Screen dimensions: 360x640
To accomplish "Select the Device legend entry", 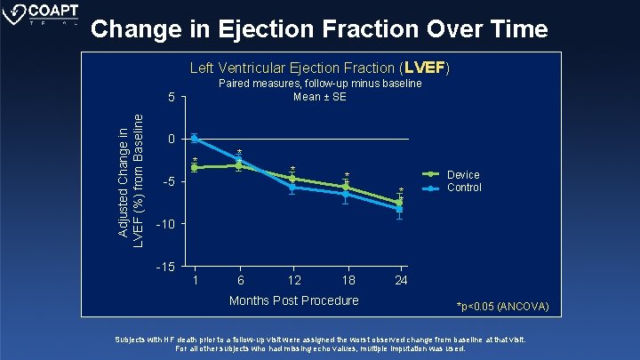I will coord(463,175).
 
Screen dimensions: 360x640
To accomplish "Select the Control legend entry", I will coord(464,188).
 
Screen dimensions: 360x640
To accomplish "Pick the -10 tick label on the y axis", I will coord(166,224).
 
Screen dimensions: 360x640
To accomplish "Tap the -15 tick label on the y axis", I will coord(166,267).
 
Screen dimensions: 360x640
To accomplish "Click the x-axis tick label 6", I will coord(239,280).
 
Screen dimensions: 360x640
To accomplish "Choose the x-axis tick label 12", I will coord(293,280).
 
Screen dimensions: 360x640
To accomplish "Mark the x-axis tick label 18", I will coord(348,280).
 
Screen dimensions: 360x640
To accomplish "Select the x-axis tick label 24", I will coord(401,280).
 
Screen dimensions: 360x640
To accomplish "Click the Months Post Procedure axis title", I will coord(293,300).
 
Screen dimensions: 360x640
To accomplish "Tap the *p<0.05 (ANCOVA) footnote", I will coord(502,308).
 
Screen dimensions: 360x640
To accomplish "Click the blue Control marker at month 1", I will coord(194,139).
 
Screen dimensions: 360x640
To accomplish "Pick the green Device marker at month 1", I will coord(194,167).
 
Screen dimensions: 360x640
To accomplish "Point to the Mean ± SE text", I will coord(320,97).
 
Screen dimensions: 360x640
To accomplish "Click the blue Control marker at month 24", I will coord(400,209).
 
